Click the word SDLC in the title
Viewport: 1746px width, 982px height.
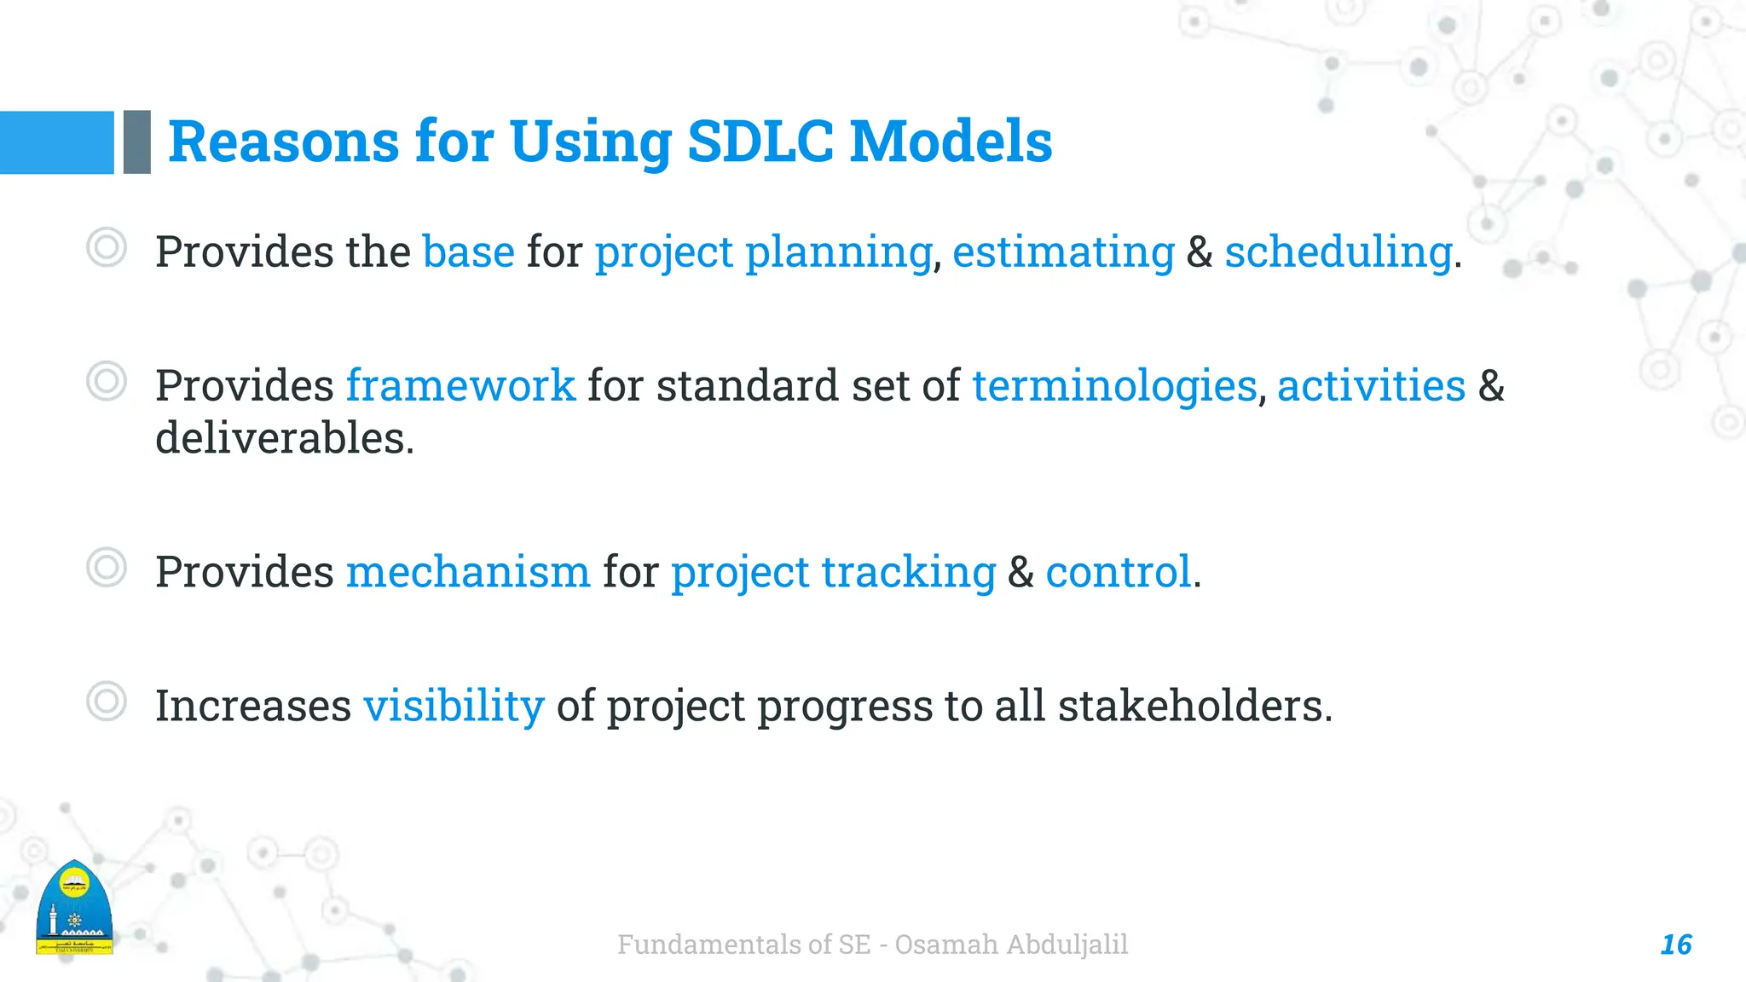[x=760, y=142]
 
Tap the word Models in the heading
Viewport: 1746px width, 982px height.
[x=951, y=142]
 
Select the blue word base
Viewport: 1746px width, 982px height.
[x=468, y=252]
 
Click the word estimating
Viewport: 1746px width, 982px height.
[x=1063, y=252]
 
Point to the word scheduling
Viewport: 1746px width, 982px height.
[x=1338, y=252]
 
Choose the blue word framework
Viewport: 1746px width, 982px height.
[x=460, y=385]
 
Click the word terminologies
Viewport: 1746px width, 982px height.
[x=1114, y=385]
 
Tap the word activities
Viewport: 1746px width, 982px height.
[x=1371, y=385]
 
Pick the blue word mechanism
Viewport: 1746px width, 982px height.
[x=467, y=571]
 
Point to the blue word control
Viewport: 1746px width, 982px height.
[x=1118, y=571]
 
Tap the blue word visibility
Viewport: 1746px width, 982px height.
[x=454, y=706]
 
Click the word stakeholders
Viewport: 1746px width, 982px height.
[x=1191, y=706]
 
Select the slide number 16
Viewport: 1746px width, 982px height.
[x=1675, y=944]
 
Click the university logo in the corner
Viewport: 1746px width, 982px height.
[x=74, y=908]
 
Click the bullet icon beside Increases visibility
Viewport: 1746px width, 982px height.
[x=107, y=702]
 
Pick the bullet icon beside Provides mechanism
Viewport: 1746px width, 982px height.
[x=107, y=567]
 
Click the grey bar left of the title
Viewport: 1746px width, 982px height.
[x=136, y=142]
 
